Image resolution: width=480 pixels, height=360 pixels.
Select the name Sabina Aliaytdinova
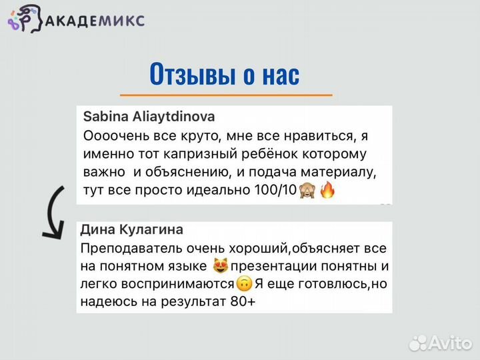(x=149, y=116)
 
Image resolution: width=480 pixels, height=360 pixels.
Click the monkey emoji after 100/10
(x=307, y=191)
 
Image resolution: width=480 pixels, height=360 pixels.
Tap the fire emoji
(x=327, y=191)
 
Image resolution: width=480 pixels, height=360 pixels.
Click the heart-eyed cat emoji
(x=220, y=267)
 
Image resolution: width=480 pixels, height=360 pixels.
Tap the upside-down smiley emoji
(x=244, y=285)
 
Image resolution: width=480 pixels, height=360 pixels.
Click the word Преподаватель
(x=122, y=248)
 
